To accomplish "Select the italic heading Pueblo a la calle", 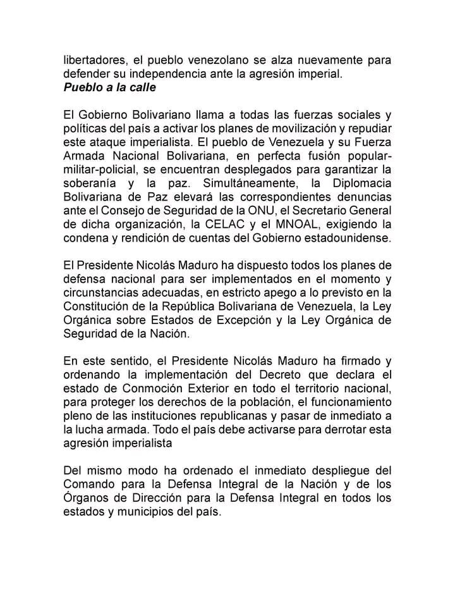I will pos(109,88).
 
